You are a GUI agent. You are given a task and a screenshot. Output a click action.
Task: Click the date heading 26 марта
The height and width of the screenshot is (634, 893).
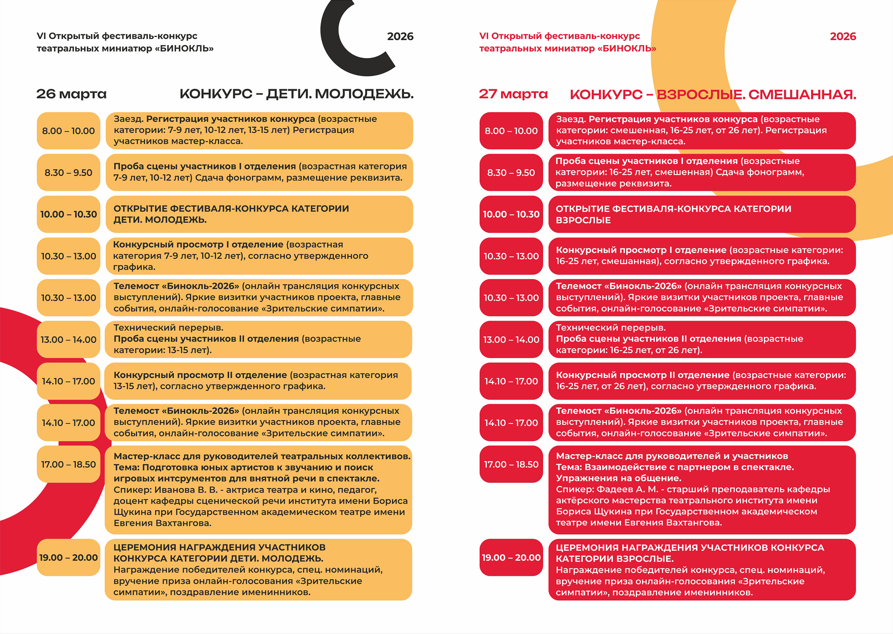(x=71, y=94)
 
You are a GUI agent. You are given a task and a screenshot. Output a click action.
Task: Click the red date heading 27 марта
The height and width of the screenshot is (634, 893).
(x=513, y=94)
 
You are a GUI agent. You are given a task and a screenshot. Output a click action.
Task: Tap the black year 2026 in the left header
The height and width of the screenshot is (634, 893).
(x=400, y=36)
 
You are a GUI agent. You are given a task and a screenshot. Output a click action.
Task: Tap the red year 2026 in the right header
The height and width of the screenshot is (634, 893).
(x=843, y=36)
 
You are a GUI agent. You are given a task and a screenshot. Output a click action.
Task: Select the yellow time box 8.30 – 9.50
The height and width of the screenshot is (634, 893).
(x=68, y=173)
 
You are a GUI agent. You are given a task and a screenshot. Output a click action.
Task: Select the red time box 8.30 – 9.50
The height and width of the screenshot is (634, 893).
(x=511, y=173)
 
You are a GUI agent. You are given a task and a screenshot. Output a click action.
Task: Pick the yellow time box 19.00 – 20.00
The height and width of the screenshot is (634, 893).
(x=68, y=557)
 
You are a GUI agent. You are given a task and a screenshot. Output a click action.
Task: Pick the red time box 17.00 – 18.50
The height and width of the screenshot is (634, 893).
(x=511, y=464)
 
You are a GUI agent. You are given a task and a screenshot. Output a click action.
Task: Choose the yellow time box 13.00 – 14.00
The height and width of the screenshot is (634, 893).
(x=68, y=340)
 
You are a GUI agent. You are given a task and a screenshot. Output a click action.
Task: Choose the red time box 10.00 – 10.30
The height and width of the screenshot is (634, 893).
(x=511, y=214)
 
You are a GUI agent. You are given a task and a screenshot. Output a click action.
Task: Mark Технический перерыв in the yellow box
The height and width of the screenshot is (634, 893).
(x=168, y=327)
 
